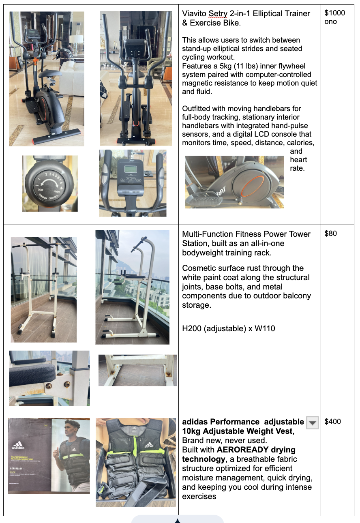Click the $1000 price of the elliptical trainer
point(334,13)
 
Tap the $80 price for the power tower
point(330,234)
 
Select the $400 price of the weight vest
point(333,421)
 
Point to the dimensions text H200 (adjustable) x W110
point(229,328)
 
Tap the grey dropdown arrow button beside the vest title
point(313,422)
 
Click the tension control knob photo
point(49,184)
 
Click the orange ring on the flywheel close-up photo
point(253,186)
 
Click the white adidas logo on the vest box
point(18,446)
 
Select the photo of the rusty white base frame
point(138,370)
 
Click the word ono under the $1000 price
point(330,22)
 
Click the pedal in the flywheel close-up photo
point(206,198)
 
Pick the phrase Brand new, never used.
point(224,440)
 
